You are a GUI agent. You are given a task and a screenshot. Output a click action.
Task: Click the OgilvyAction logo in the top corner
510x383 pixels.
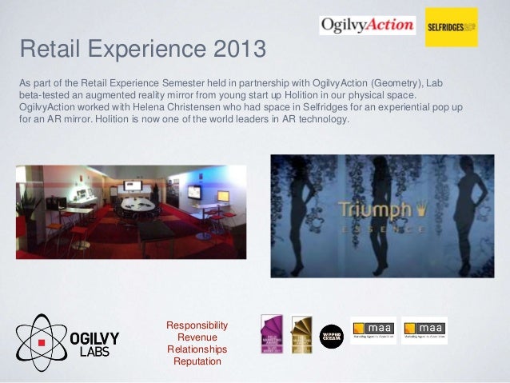pyautogui.click(x=367, y=25)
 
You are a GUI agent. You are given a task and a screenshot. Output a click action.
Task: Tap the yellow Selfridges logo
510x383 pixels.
pyautogui.click(x=451, y=27)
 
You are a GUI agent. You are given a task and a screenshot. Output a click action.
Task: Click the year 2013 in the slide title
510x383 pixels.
pyautogui.click(x=237, y=53)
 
